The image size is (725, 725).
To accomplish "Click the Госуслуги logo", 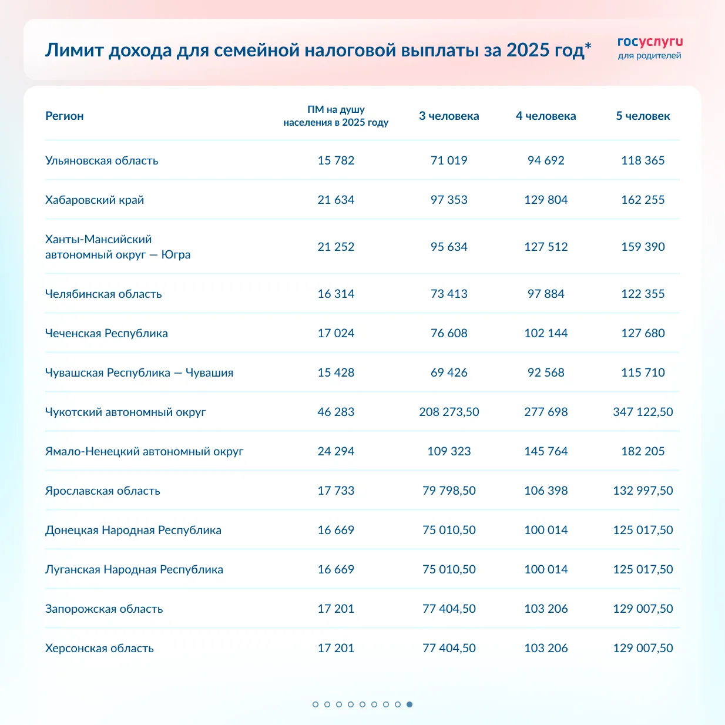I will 650,48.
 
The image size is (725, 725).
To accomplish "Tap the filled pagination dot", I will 410,704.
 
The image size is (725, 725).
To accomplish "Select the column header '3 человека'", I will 449,116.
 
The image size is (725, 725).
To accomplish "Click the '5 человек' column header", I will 643,116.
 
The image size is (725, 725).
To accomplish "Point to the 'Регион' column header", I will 65,116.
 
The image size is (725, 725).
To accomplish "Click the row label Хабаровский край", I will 95,200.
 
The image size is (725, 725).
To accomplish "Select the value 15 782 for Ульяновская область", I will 336,160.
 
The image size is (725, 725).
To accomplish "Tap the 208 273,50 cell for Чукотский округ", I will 449,412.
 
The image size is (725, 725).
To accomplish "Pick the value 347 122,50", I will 643,412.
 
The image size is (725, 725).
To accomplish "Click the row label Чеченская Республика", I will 106,333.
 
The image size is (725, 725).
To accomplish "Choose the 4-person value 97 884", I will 546,294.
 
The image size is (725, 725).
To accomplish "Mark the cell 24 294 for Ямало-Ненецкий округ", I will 336,451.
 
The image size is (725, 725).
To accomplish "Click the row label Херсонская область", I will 99,648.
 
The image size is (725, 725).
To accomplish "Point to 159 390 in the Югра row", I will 643,247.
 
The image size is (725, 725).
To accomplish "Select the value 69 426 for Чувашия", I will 449,372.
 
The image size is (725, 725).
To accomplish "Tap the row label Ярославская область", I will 103,491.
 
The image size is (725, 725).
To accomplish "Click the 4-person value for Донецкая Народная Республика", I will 546,530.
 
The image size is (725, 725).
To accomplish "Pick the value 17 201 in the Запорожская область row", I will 336,609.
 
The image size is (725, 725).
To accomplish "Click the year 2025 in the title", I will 528,50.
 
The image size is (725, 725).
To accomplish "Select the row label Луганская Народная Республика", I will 134,569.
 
